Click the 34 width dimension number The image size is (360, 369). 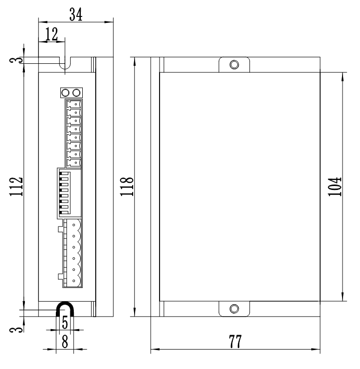click(76, 14)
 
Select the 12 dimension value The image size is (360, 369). click(51, 34)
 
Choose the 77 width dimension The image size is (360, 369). click(235, 342)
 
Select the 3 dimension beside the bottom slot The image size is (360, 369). click(17, 328)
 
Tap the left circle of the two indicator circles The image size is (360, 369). click(65, 93)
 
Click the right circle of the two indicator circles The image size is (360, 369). click(76, 93)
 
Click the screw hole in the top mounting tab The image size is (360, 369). click(234, 65)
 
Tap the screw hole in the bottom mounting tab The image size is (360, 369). click(234, 308)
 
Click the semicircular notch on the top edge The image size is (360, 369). click(65, 64)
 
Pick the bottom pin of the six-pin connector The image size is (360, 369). click(74, 282)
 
